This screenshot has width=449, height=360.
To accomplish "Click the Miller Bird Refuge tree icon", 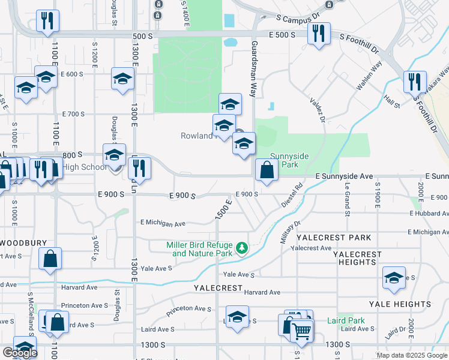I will (x=241, y=248).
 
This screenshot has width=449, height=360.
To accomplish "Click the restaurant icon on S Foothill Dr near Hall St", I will (x=415, y=82).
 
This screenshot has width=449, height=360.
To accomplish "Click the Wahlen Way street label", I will (x=369, y=76).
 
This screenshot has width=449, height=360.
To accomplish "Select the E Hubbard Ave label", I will (x=429, y=213).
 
